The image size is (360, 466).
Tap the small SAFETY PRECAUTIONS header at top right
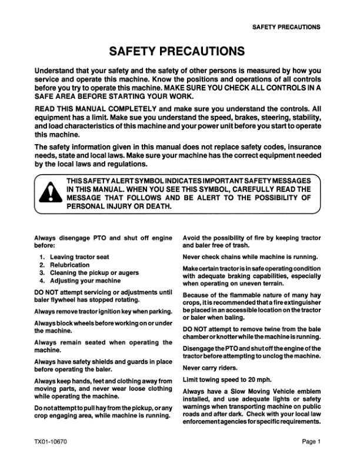click(286, 27)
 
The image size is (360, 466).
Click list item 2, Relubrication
click(69, 265)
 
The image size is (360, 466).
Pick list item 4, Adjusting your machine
click(85, 281)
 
